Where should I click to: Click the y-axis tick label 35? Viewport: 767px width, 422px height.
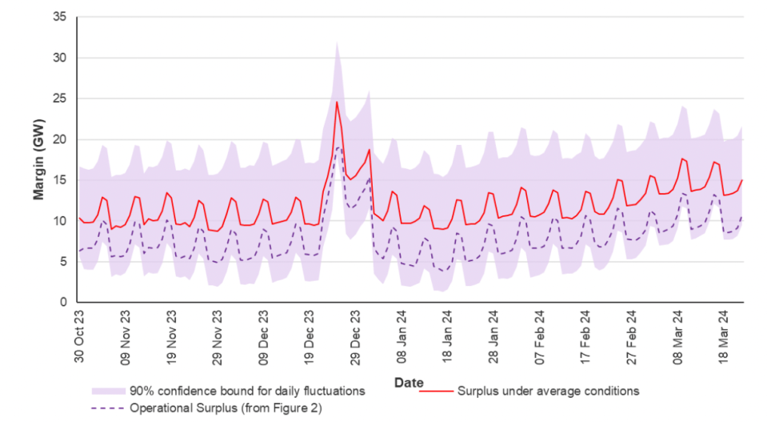point(59,17)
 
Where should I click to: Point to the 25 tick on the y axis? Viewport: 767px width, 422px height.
point(59,98)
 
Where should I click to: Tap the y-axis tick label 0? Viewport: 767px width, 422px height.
point(62,303)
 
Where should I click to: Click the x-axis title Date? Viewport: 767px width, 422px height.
point(409,383)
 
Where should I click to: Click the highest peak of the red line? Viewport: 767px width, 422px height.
point(337,102)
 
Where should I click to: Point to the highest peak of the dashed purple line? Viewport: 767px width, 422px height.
point(338,147)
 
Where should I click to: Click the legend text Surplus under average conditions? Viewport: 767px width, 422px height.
point(548,392)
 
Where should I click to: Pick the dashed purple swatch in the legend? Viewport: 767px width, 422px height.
point(106,408)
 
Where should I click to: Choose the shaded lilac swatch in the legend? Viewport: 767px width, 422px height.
point(106,392)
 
